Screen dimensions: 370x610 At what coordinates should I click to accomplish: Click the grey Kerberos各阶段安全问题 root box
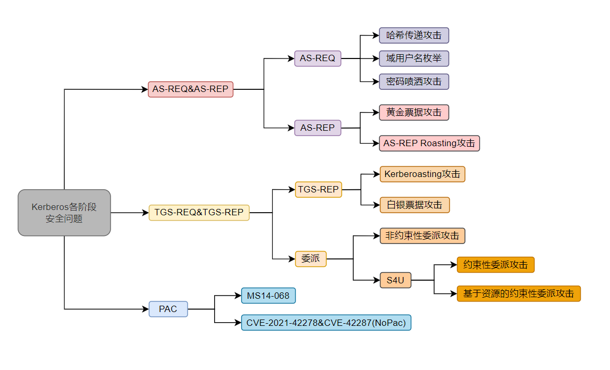64,213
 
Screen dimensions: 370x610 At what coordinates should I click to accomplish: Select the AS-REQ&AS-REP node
190,89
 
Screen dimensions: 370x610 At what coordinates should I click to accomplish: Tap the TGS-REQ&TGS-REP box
199,213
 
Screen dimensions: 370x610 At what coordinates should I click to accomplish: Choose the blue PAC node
168,309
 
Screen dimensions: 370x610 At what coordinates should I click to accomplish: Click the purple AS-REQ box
318,58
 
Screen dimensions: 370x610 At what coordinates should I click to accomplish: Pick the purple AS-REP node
318,128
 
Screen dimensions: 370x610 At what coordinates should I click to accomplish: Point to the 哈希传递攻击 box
414,36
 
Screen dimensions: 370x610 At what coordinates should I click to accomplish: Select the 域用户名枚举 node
414,58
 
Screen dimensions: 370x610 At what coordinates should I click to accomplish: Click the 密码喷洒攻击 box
414,81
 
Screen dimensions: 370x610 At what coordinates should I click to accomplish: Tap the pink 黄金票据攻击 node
414,113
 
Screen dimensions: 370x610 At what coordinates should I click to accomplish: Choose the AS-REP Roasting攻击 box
429,143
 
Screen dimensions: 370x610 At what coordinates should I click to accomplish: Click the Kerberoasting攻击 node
422,174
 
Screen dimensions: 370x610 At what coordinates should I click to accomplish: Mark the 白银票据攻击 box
414,205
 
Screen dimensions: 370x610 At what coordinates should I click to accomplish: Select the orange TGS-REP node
318,189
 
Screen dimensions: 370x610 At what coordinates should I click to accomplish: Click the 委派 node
311,259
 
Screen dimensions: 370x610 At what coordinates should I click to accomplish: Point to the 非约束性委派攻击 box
422,236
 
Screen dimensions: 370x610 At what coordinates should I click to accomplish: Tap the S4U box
396,280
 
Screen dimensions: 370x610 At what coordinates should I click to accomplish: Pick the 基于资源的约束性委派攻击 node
519,293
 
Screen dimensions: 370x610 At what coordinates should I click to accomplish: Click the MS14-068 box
268,296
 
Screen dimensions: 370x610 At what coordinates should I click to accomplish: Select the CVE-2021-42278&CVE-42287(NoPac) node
326,322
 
